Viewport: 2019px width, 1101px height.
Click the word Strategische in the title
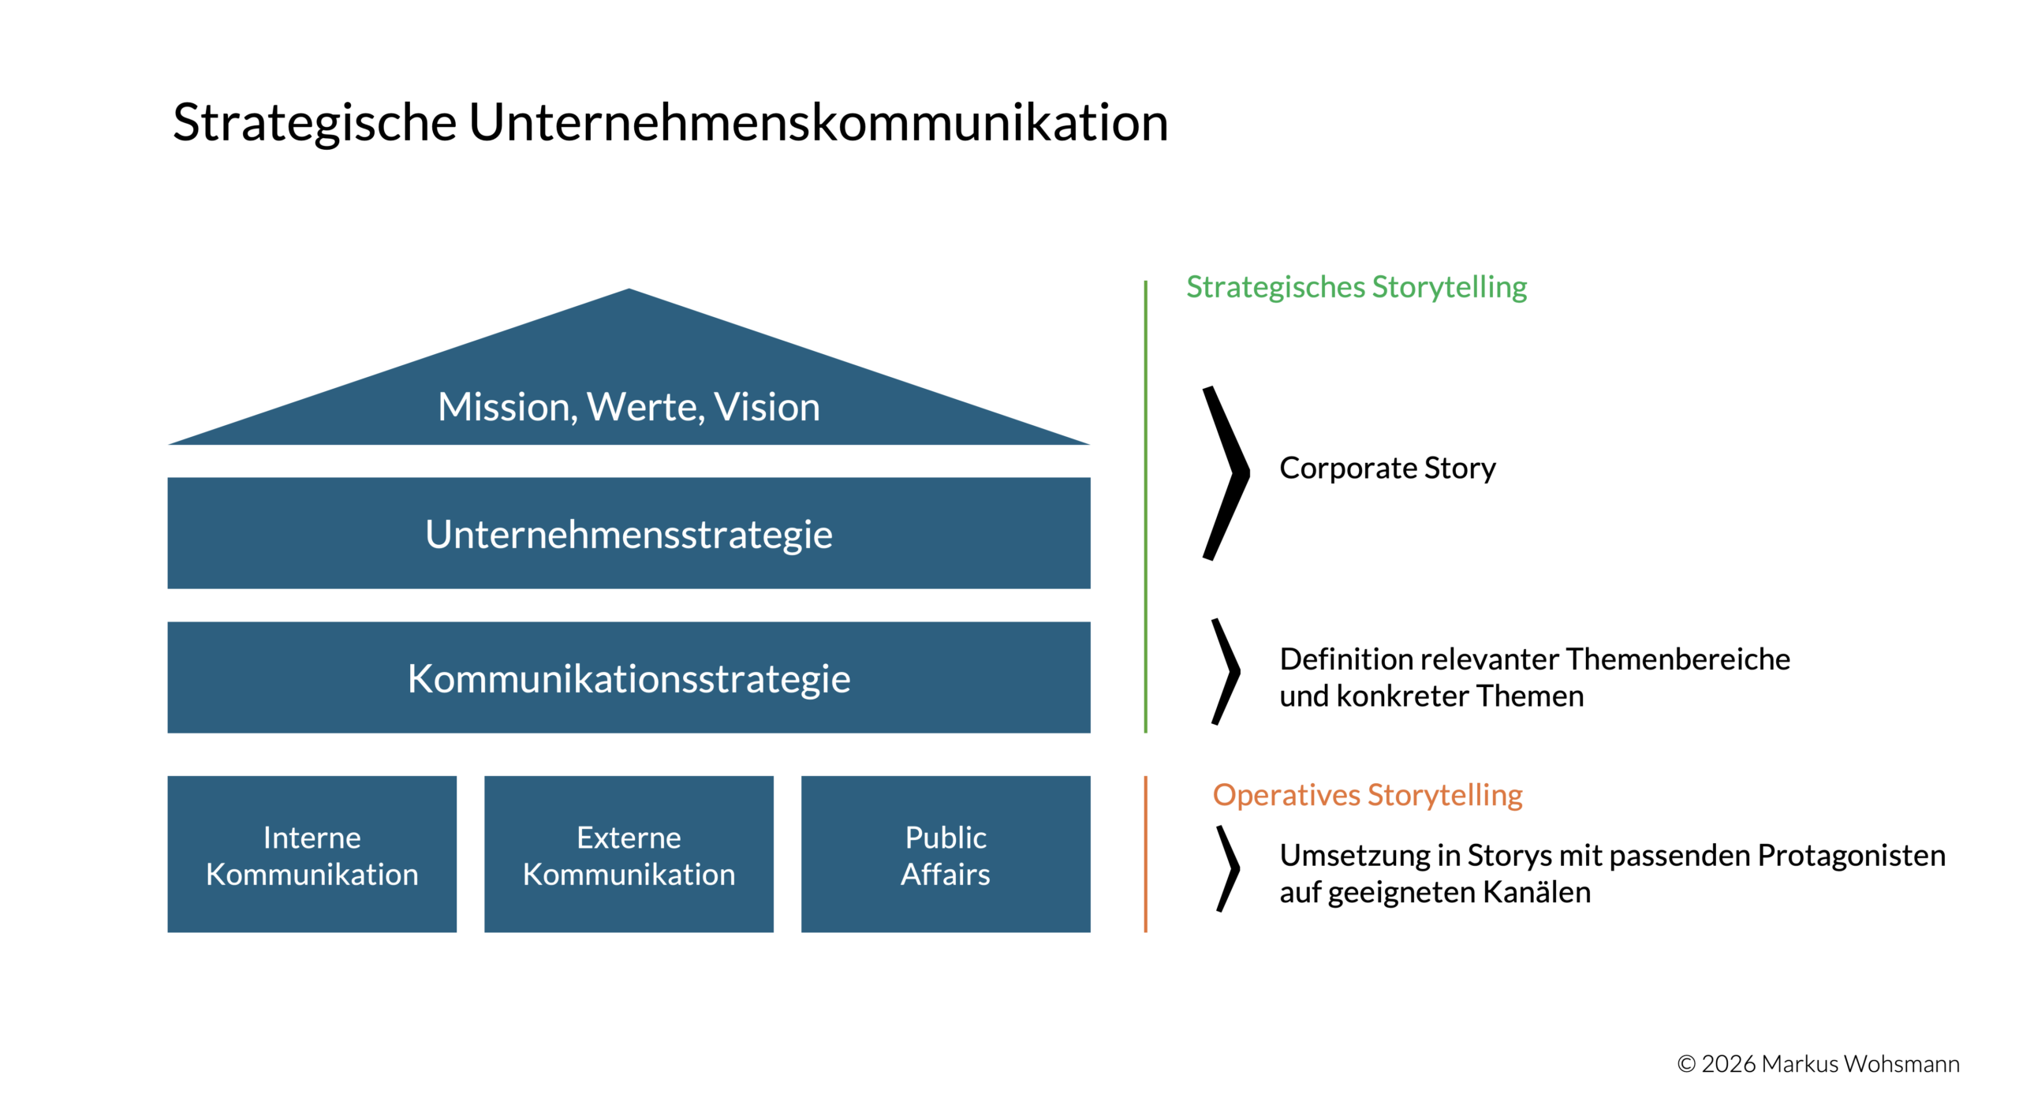314,124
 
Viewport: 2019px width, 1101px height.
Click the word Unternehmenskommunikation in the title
818,124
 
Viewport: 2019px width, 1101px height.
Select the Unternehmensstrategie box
629,533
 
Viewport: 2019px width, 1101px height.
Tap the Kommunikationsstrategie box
629,677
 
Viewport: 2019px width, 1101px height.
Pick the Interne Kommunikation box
312,854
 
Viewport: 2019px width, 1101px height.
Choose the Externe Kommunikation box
629,854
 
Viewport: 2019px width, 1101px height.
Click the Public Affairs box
945,854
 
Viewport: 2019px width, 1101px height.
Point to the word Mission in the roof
503,407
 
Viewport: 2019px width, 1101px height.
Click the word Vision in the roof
767,407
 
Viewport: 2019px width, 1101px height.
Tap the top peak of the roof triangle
629,292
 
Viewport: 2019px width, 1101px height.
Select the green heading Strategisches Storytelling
1357,287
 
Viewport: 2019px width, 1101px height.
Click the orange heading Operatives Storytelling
1367,795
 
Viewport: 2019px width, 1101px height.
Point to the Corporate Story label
1386,468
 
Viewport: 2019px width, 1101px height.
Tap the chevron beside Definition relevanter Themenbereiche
1227,671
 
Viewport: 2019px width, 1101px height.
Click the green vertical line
1145,505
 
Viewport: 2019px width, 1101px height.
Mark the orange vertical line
1145,854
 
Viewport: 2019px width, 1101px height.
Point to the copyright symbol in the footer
1686,1064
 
